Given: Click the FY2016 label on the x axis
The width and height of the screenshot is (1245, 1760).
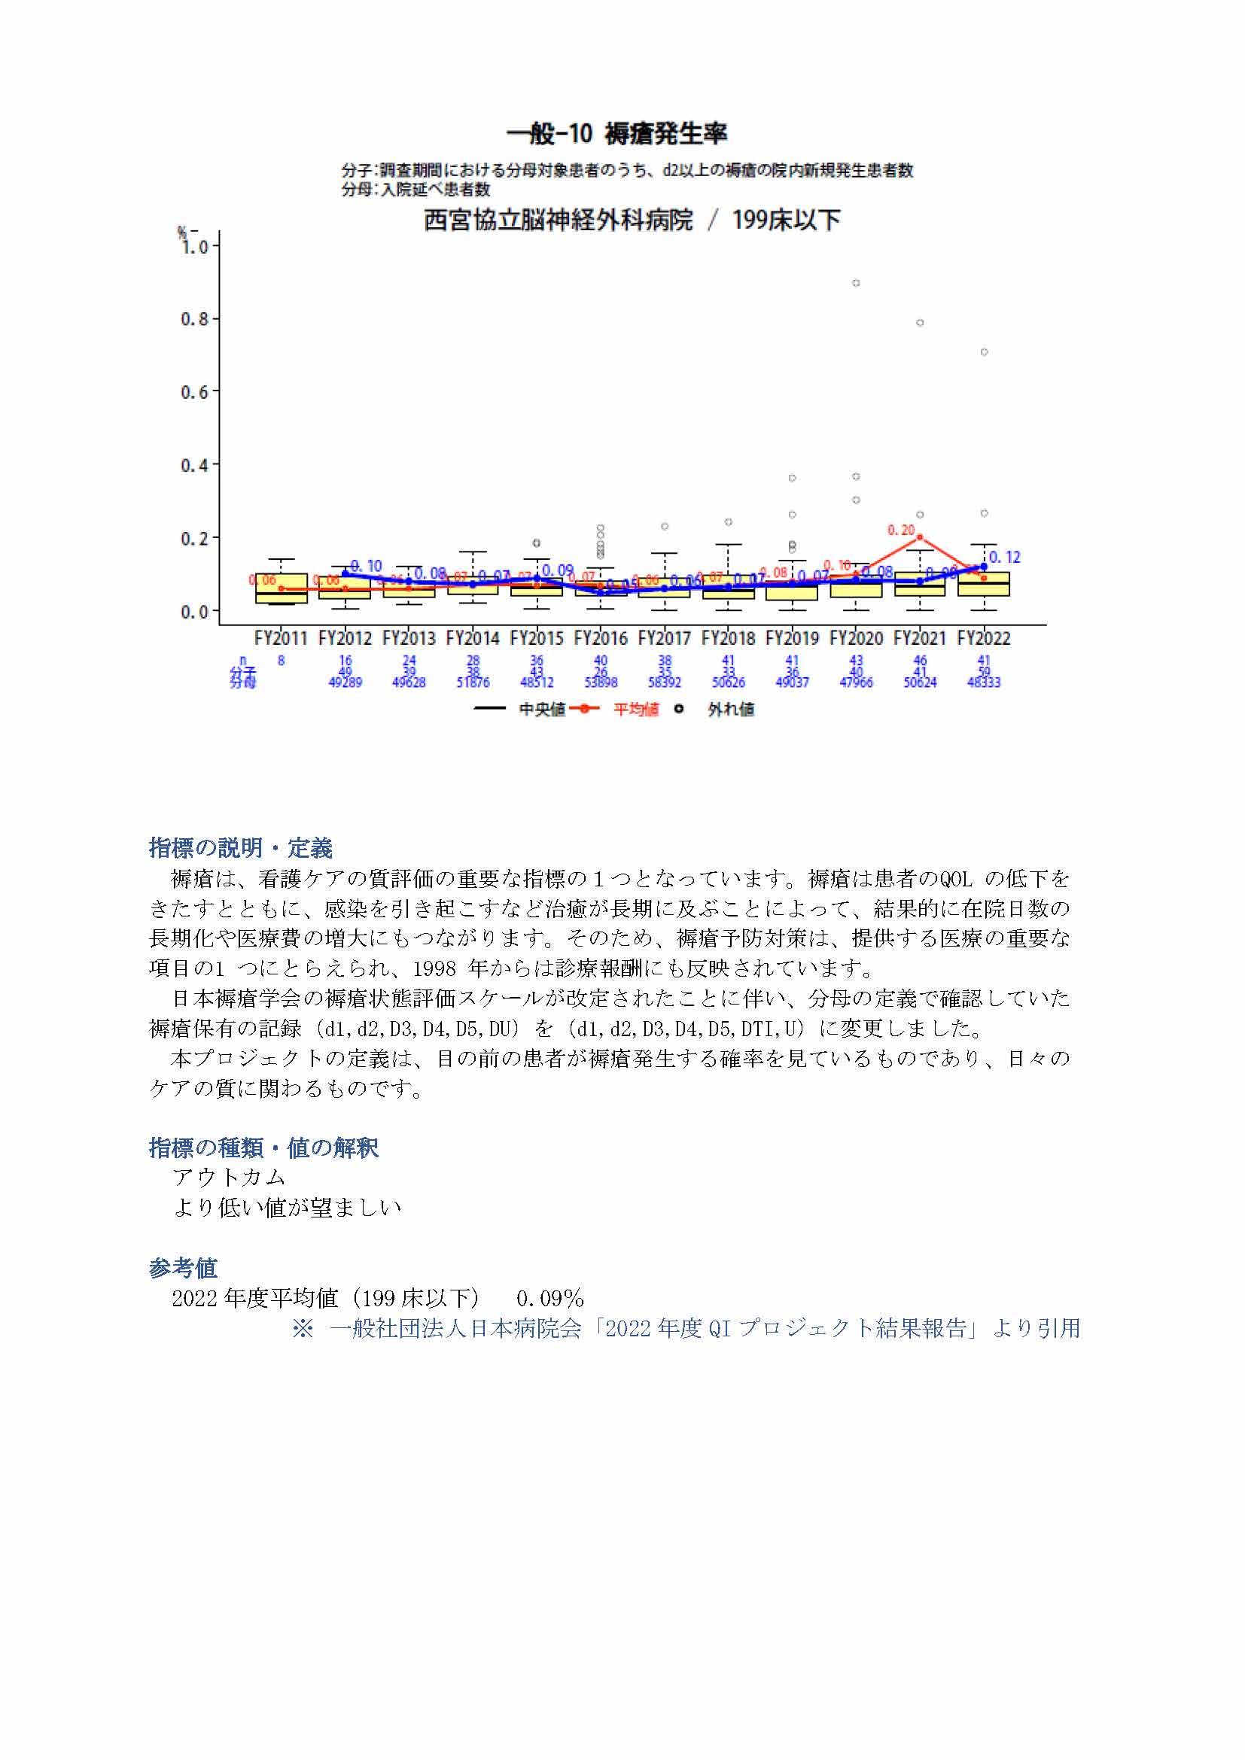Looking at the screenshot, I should (x=600, y=638).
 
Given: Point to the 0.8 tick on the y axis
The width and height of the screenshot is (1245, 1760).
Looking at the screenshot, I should (x=194, y=319).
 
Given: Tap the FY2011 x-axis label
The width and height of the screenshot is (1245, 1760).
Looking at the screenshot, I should (x=281, y=638).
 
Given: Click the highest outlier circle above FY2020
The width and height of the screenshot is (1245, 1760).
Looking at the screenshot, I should (x=856, y=283).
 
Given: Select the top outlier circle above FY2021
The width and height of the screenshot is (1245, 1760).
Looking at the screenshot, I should (x=920, y=323).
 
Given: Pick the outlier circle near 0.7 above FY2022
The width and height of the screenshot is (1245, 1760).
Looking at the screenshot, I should (x=984, y=352).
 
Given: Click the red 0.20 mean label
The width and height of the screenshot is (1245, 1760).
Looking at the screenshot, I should (x=901, y=530).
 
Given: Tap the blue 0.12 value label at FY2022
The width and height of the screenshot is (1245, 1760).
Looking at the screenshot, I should (x=1004, y=558).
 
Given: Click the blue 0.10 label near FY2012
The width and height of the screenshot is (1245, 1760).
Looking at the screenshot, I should (x=367, y=566).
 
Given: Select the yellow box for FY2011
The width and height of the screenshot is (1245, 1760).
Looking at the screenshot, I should (x=282, y=588).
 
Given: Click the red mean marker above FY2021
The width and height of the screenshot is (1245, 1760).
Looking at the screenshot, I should (x=920, y=537).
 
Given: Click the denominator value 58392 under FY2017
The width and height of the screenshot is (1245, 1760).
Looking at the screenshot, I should (x=665, y=682).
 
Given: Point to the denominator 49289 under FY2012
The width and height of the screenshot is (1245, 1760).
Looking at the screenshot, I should (x=345, y=682).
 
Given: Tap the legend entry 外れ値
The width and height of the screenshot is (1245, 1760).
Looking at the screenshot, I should (x=730, y=709).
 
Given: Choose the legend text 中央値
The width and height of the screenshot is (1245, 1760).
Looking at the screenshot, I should (x=542, y=709).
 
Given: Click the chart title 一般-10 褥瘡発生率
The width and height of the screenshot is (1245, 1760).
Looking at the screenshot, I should (x=616, y=134).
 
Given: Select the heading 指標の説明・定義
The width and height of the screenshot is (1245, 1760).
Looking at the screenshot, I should (x=240, y=848).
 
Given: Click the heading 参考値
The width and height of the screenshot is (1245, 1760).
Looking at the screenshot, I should (x=182, y=1268).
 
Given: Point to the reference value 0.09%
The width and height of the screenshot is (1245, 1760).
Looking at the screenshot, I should (x=549, y=1299).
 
